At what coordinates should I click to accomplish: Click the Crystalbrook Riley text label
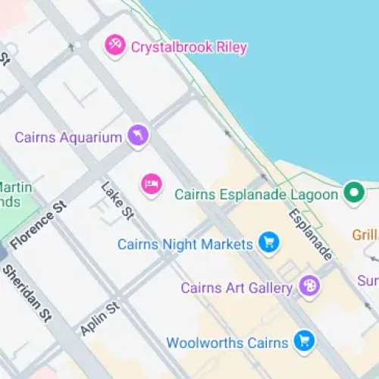click(x=189, y=47)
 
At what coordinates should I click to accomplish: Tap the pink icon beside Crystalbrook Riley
click(x=114, y=45)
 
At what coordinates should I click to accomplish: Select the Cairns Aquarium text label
click(x=68, y=137)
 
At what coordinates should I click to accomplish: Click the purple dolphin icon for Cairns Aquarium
click(x=138, y=136)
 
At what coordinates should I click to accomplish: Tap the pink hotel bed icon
click(x=152, y=183)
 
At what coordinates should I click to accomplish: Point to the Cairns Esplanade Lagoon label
click(x=255, y=195)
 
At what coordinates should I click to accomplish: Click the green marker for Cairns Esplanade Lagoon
click(x=352, y=193)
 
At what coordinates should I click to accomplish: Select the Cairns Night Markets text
click(x=184, y=244)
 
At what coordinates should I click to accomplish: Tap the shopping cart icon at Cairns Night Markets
click(x=268, y=243)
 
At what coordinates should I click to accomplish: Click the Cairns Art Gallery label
click(x=236, y=288)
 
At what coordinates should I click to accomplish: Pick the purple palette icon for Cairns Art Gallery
click(x=309, y=287)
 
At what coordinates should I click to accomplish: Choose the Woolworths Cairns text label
click(x=227, y=343)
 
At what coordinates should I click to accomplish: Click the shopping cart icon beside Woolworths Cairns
click(x=304, y=341)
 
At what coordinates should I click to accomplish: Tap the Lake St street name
click(x=117, y=201)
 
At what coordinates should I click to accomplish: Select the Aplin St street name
click(x=99, y=318)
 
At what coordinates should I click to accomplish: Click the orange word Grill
click(x=365, y=235)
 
